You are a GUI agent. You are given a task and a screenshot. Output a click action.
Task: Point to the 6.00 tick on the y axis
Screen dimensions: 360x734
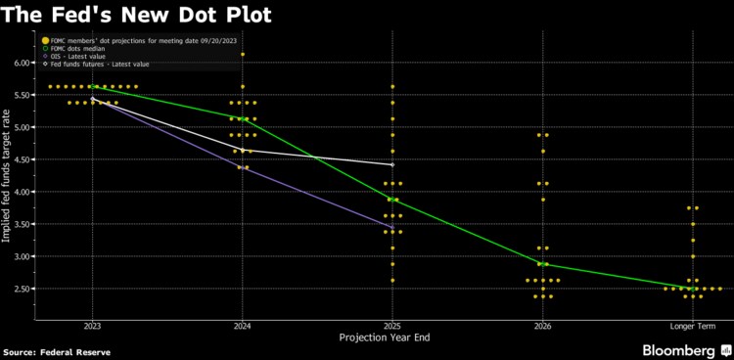coord(22,63)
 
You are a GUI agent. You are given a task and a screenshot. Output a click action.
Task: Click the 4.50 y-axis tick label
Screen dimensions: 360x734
coord(22,159)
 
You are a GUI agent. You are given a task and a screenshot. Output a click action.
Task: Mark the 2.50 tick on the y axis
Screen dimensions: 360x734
coord(22,289)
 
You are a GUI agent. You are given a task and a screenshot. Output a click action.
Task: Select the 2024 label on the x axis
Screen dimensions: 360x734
coord(242,325)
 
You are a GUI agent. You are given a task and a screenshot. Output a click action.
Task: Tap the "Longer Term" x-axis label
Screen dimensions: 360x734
coord(692,325)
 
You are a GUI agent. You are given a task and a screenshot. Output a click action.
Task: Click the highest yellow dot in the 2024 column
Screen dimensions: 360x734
coord(242,55)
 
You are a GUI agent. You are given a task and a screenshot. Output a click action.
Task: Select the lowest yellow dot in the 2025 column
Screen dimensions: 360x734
coord(392,280)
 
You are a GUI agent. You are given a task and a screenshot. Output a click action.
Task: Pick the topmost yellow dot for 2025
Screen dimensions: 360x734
coord(392,87)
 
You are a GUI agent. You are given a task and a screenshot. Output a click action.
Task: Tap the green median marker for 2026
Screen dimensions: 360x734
coord(542,264)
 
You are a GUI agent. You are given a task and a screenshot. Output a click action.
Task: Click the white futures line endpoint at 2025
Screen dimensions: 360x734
coord(392,165)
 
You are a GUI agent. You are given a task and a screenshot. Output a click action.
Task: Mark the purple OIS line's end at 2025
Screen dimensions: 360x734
coord(392,228)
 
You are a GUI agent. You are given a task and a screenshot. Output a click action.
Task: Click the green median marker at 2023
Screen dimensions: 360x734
coord(92,87)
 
